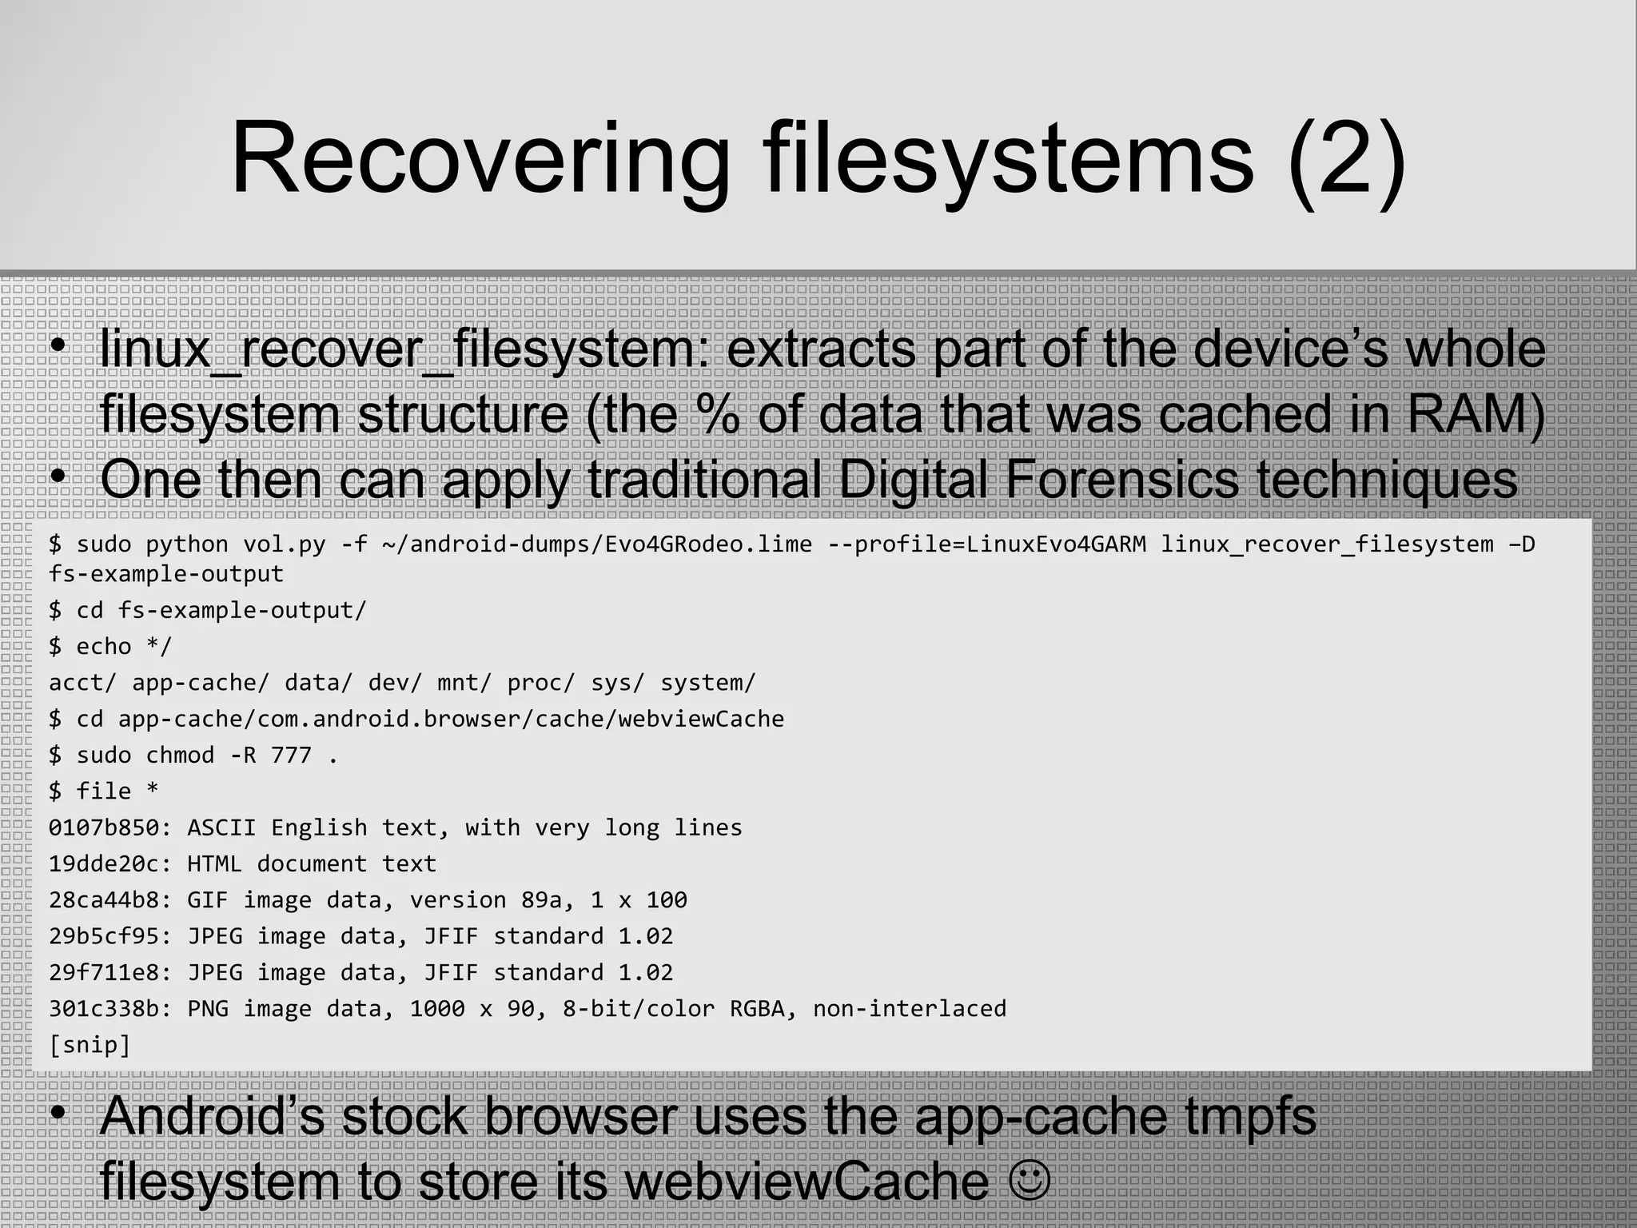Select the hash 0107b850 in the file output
click(103, 827)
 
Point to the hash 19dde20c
click(103, 863)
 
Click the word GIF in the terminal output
click(207, 900)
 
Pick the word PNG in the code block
click(207, 1009)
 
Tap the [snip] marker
click(90, 1045)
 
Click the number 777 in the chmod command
click(291, 755)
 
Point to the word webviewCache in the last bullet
click(806, 1181)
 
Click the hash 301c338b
click(103, 1009)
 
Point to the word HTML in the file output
click(214, 863)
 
